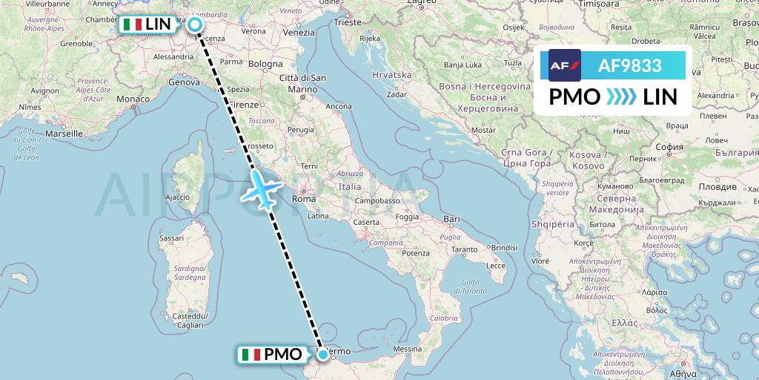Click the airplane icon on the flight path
coord(260,189)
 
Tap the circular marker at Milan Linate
coord(195,25)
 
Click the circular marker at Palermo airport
coord(322,355)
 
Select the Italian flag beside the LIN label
coord(133,24)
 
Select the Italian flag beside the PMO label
coord(251,355)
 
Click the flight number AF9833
coord(629,65)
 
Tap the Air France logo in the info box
coord(564,65)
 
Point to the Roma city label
coord(304,199)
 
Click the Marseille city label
coord(63,134)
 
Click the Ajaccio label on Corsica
coord(177,197)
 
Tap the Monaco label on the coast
coord(133,99)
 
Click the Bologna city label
coord(265,64)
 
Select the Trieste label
coord(347,23)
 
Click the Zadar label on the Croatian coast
coord(397,95)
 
